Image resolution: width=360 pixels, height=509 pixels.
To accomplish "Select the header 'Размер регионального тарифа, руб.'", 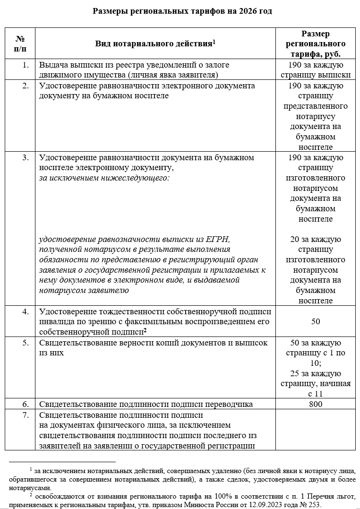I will tap(315, 43).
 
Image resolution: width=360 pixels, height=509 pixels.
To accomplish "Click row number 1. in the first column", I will tap(26, 65).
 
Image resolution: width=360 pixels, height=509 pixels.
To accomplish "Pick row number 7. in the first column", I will tap(26, 415).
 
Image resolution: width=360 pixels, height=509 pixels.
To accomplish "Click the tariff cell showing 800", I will tap(315, 404).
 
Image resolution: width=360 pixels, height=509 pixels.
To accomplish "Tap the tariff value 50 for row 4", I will tap(315, 321).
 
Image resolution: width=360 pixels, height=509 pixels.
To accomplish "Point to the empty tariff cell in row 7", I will tap(315, 430).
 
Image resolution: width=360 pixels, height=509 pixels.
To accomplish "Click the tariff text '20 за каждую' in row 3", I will tap(315, 239).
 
